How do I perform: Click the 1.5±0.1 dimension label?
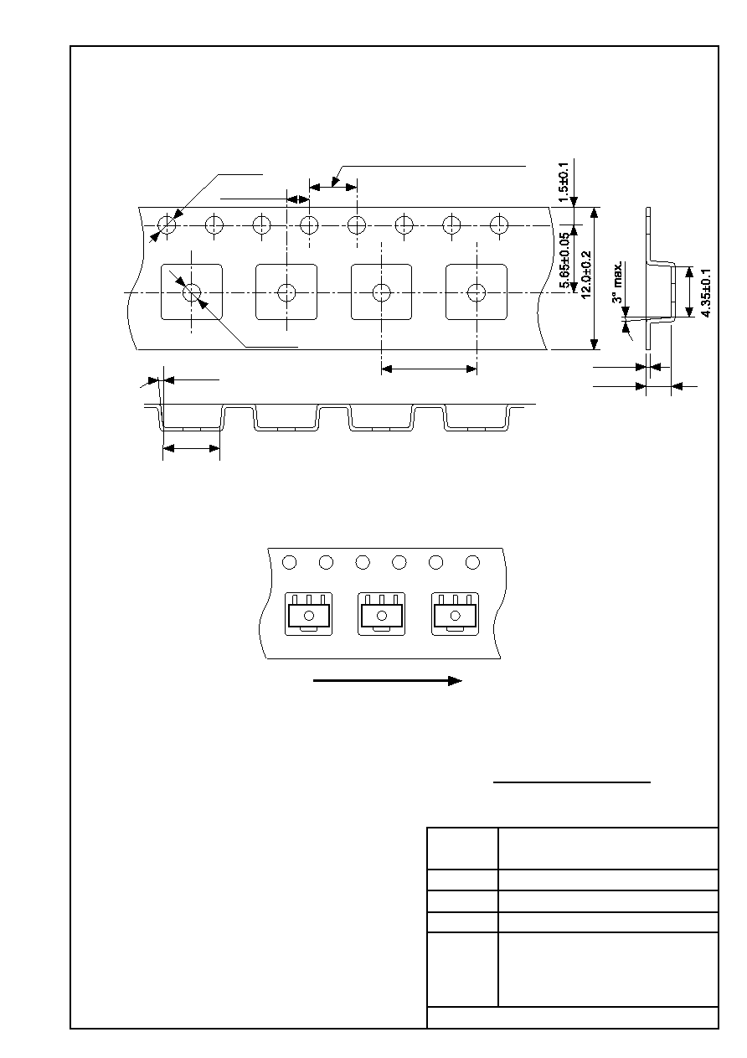point(564,183)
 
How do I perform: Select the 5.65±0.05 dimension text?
point(564,261)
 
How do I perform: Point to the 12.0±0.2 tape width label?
point(586,275)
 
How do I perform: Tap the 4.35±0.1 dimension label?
point(706,293)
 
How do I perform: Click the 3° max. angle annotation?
point(617,282)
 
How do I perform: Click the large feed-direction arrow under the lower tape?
point(388,680)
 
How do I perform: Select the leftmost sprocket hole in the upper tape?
point(167,225)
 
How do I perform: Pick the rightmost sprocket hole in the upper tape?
point(499,225)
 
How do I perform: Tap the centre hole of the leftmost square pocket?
point(191,293)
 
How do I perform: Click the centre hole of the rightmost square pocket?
point(477,293)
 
